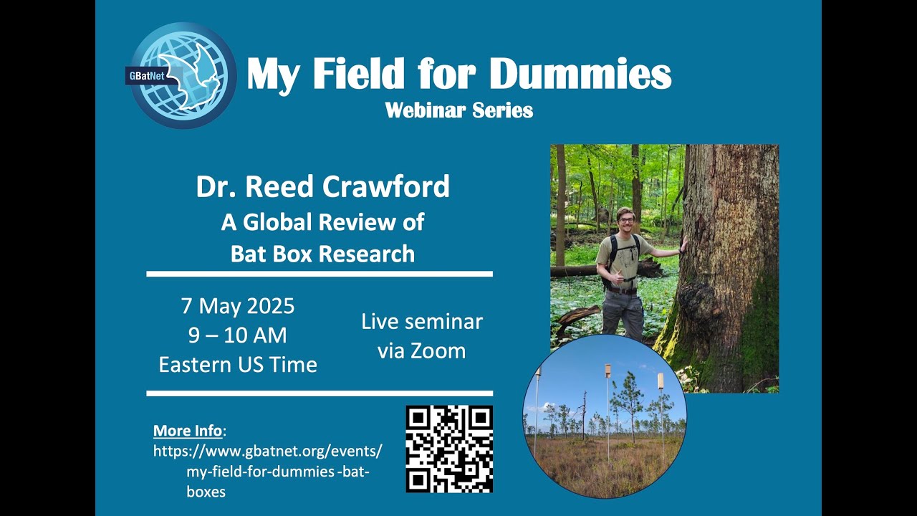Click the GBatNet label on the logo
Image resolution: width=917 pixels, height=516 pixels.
148,75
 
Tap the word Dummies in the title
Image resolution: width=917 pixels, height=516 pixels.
584,74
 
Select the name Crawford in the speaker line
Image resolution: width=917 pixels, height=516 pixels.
386,186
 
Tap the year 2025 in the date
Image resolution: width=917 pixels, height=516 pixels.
271,306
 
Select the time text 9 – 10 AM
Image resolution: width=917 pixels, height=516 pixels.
237,335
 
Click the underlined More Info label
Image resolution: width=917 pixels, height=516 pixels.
188,431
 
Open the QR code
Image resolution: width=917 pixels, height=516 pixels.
449,449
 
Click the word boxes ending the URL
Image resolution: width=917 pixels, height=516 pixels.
206,492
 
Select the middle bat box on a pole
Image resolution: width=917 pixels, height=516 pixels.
608,371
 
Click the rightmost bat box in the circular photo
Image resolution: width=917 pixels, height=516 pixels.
661,381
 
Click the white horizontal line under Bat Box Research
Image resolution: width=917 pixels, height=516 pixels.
320,274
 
